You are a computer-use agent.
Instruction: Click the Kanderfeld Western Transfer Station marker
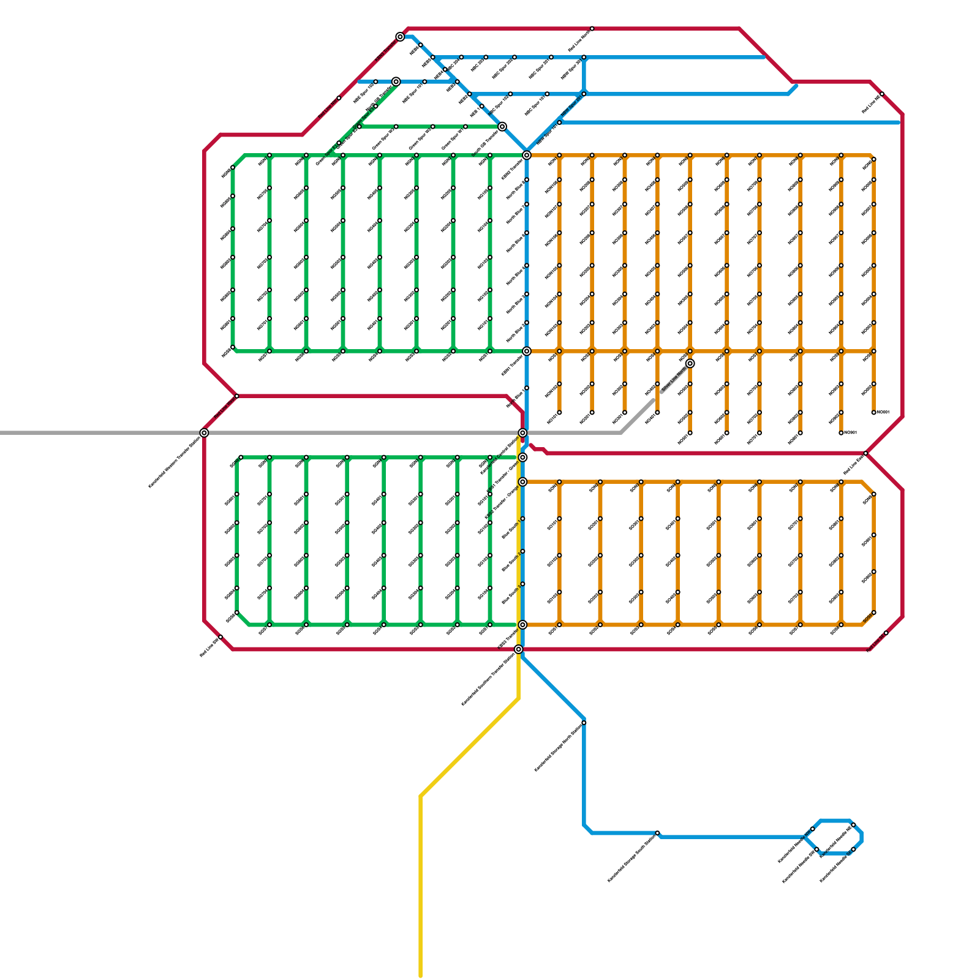click(x=204, y=433)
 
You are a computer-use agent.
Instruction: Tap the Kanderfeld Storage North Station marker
click(x=584, y=723)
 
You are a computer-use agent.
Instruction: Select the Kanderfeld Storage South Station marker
click(x=657, y=834)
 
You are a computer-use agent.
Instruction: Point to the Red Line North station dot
click(x=592, y=29)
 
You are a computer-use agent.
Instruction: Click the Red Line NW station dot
click(x=339, y=98)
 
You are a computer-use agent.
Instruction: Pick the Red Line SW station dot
click(x=221, y=638)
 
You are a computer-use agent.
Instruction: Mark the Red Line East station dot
click(x=865, y=453)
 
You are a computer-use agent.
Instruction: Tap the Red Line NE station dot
click(x=882, y=94)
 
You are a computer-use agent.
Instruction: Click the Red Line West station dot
click(x=237, y=396)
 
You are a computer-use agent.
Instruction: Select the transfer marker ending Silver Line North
click(x=690, y=363)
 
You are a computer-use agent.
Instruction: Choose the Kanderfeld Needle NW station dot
click(x=812, y=829)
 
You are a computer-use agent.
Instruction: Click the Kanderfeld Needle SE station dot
click(x=853, y=850)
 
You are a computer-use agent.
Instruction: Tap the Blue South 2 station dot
click(x=522, y=551)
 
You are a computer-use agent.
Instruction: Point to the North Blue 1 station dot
click(x=526, y=388)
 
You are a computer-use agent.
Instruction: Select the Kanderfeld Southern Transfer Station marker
click(x=519, y=649)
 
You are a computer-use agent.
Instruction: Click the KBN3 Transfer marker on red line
click(x=400, y=37)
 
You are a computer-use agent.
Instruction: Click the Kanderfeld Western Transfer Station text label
click(x=175, y=462)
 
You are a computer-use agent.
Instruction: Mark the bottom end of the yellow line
click(x=420, y=976)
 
